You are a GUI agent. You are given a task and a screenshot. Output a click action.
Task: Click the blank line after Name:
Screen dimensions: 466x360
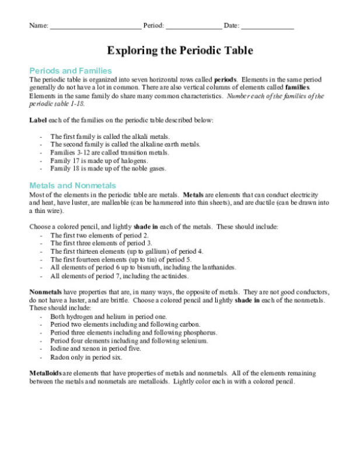click(x=95, y=27)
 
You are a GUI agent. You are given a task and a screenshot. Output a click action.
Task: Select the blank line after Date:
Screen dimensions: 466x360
click(x=267, y=27)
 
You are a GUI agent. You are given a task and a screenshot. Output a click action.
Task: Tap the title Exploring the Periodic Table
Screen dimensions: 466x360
click(x=180, y=51)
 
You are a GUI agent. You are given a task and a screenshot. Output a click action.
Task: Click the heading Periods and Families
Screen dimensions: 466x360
click(x=70, y=71)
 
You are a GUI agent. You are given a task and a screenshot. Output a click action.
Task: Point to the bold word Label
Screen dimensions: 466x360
click(x=39, y=120)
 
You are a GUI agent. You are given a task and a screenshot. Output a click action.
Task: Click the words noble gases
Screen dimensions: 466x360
click(x=148, y=169)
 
